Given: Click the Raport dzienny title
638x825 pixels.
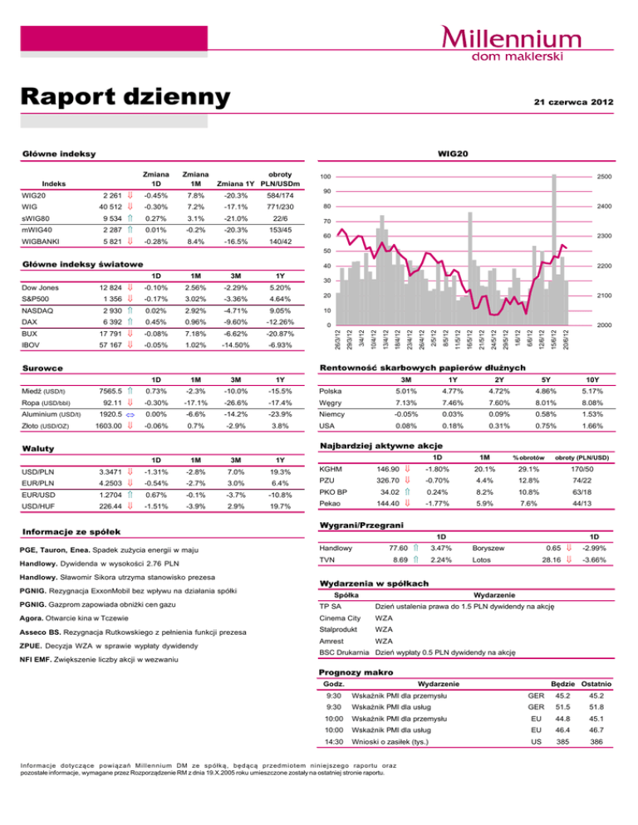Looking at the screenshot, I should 125,96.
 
